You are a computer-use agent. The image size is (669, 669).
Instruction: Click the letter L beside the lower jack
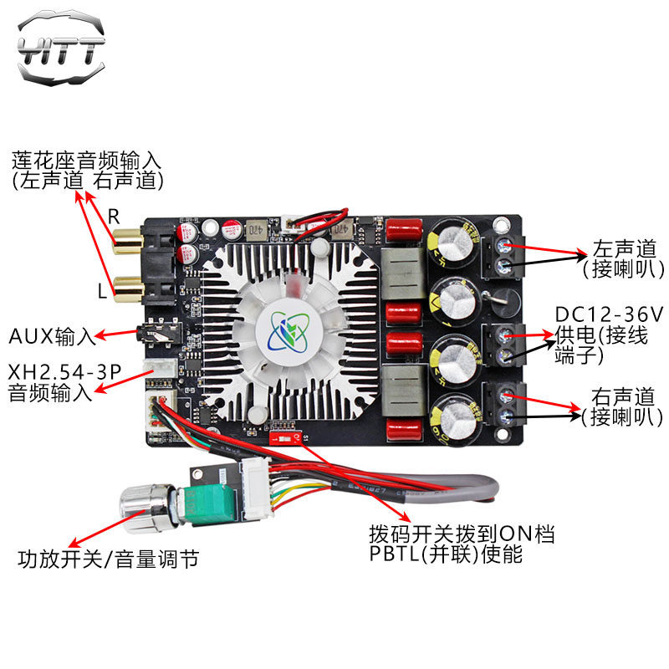[x=102, y=292]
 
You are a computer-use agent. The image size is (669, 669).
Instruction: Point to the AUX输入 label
[x=52, y=337]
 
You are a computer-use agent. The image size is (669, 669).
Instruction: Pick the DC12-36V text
[x=609, y=315]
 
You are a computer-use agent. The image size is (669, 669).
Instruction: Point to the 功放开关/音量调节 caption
[x=108, y=558]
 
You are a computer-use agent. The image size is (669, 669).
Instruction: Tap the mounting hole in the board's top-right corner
[x=502, y=225]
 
